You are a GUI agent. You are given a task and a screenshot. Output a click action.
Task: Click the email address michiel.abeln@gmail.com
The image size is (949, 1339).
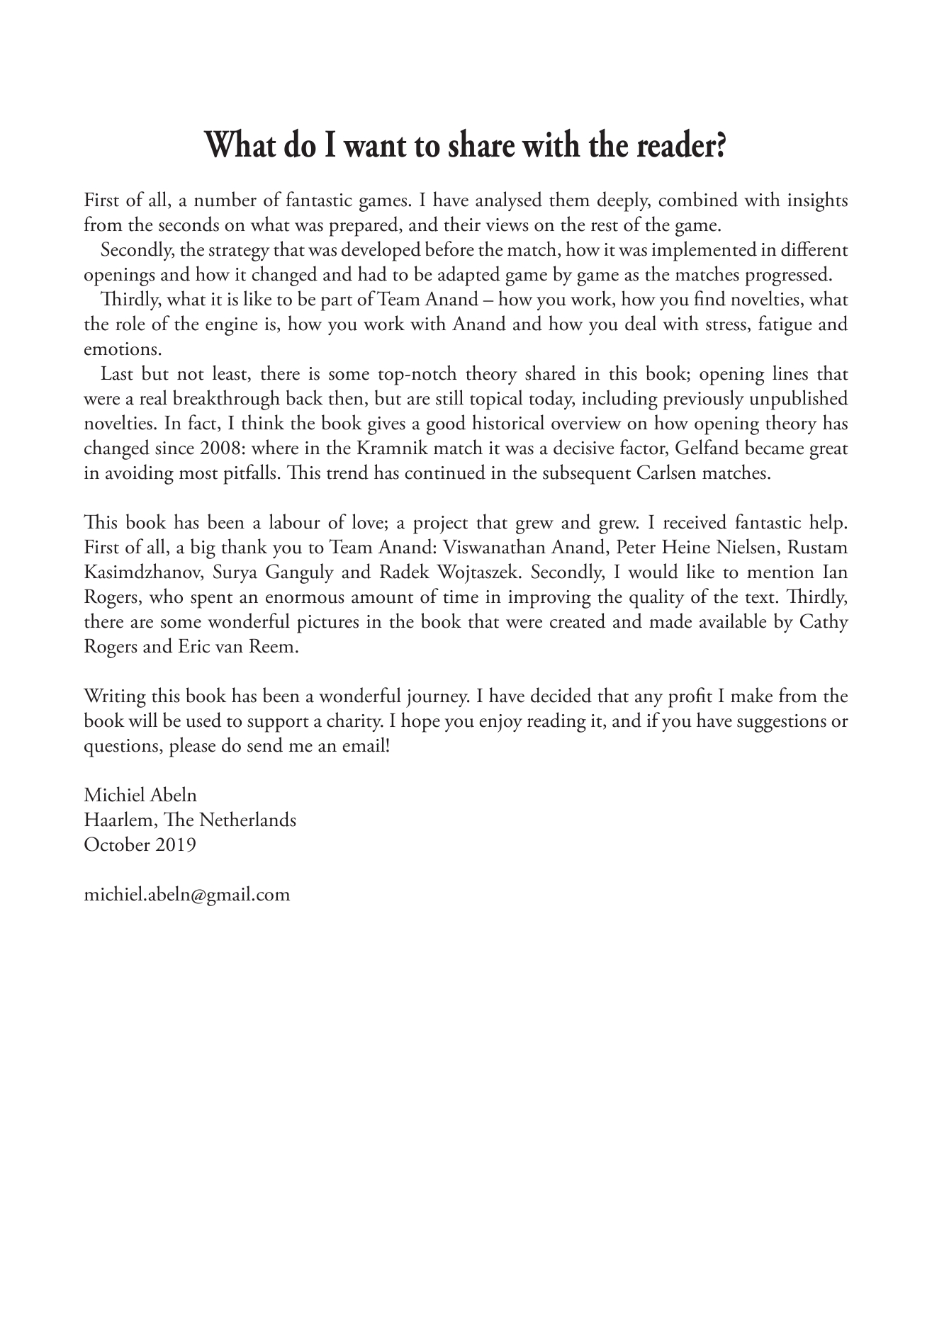pyautogui.click(x=187, y=894)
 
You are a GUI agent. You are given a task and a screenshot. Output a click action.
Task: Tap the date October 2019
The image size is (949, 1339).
pyautogui.click(x=140, y=844)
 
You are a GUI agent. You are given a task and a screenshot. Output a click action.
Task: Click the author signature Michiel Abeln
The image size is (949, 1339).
pyautogui.click(x=140, y=795)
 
